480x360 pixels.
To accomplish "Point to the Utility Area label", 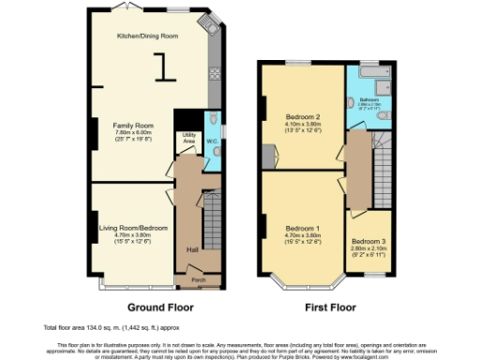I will (x=188, y=140).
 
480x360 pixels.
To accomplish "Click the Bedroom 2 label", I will (x=304, y=117).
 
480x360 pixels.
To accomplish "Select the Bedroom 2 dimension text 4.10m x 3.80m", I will (x=304, y=125).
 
